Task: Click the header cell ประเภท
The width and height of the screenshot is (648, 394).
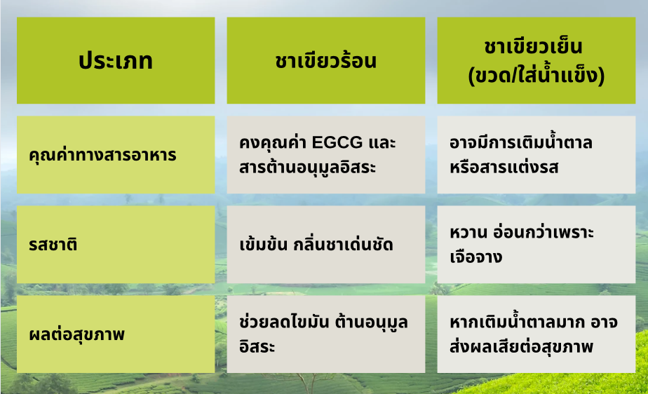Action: (x=116, y=61)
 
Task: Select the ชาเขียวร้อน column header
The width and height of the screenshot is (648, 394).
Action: (x=326, y=61)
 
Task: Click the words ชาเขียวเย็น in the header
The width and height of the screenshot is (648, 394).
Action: (x=533, y=46)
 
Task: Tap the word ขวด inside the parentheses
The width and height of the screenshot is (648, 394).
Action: (x=492, y=76)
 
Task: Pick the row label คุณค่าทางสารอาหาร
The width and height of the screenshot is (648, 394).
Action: (x=102, y=155)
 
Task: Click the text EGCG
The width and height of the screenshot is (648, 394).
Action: (x=337, y=142)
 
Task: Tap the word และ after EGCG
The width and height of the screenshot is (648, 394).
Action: (x=382, y=142)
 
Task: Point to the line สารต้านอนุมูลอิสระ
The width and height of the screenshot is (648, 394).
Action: (x=307, y=168)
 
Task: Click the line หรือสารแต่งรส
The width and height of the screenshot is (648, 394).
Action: (x=504, y=168)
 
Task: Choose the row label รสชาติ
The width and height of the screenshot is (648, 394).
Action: (x=53, y=244)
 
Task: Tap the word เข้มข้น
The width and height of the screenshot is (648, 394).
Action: (x=263, y=244)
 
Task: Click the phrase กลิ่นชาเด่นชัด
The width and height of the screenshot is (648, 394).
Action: (x=343, y=244)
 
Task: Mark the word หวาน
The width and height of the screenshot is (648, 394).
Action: (x=468, y=233)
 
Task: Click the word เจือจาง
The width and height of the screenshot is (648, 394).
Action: (x=476, y=257)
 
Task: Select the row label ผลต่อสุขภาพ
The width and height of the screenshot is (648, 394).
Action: (x=77, y=334)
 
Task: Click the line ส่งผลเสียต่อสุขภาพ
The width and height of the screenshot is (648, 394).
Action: (x=522, y=346)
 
